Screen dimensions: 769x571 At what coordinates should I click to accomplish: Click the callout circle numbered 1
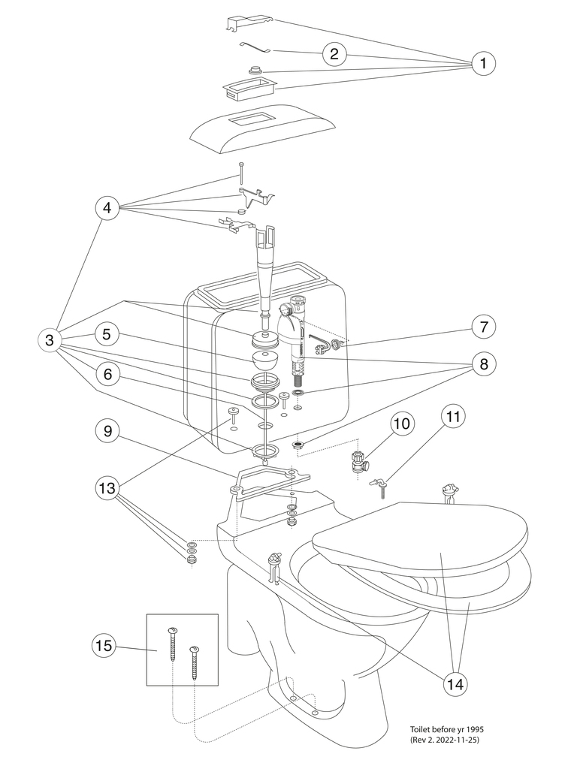[x=483, y=64]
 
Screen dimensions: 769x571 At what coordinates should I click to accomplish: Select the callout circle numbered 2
[x=334, y=53]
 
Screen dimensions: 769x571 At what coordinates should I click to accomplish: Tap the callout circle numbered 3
[x=50, y=340]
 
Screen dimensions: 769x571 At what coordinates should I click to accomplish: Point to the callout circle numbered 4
[x=107, y=208]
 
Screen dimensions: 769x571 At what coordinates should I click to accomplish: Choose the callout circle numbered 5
[x=107, y=335]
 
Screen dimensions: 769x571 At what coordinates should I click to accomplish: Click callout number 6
[x=107, y=373]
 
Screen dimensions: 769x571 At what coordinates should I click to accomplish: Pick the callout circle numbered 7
[x=485, y=327]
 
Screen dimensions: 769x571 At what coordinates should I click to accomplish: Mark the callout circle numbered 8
[x=485, y=364]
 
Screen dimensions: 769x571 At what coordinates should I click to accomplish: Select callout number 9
[x=107, y=430]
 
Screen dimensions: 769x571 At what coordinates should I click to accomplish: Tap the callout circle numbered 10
[x=401, y=423]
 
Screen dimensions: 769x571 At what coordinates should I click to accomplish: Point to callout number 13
[x=107, y=488]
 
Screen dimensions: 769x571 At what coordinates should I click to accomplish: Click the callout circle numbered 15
[x=105, y=644]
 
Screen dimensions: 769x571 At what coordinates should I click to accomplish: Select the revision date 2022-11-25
[x=470, y=740]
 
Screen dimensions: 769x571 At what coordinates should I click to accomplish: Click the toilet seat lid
[x=421, y=541]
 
